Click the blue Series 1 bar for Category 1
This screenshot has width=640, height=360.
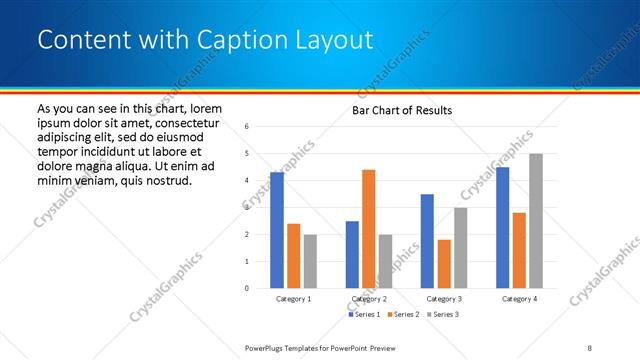tap(277, 230)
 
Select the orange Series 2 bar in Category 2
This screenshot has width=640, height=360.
tap(368, 229)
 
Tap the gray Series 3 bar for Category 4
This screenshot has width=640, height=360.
tap(536, 221)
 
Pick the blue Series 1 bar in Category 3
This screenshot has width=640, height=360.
tap(428, 241)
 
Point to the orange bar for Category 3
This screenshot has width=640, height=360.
tap(444, 264)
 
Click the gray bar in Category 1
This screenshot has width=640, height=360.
tap(310, 261)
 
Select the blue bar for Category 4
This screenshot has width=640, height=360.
tap(503, 227)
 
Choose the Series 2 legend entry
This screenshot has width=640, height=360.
tap(402, 315)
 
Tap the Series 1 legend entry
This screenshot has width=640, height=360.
tap(362, 315)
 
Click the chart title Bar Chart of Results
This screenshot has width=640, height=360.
tap(402, 110)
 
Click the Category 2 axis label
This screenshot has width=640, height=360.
tap(368, 299)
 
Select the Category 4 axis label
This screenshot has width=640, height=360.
tap(519, 299)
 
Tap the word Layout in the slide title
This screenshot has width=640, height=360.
tap(329, 40)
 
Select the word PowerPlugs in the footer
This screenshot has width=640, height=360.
tap(270, 348)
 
